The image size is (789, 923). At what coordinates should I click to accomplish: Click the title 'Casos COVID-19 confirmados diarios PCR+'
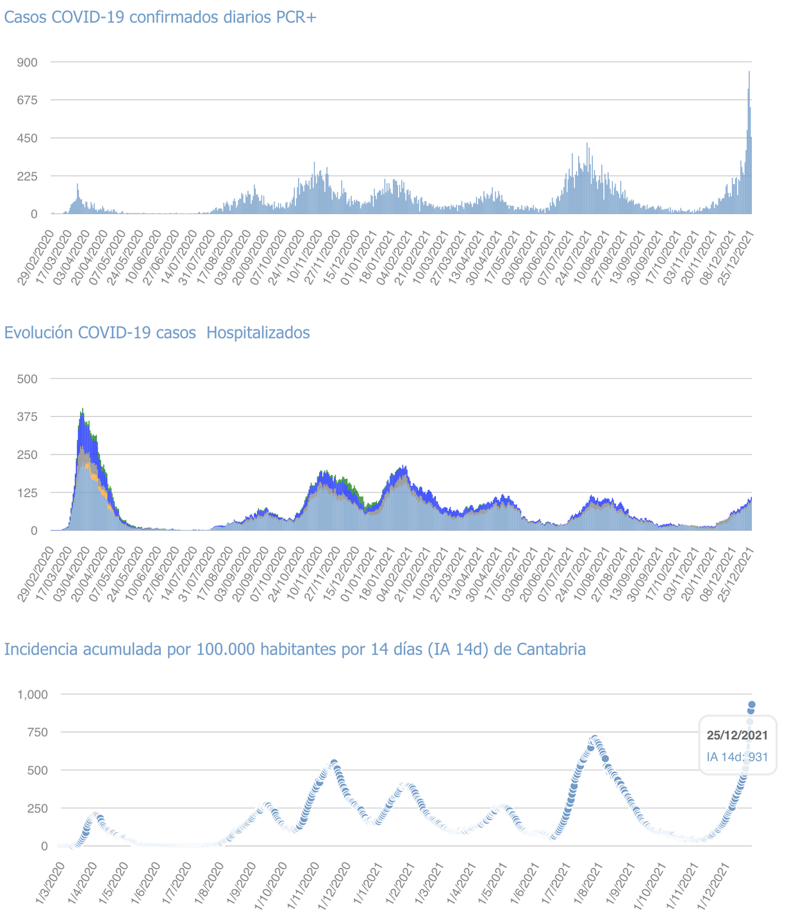pos(160,17)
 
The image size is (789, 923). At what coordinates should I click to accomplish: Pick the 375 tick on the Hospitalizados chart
pos(28,417)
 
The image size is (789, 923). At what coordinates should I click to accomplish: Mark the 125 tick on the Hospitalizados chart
pos(28,492)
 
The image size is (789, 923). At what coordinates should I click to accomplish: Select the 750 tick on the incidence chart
pos(36,732)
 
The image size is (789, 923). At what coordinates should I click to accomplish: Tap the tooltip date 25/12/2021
pos(737,735)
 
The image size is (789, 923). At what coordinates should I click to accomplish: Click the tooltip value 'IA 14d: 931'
pos(737,757)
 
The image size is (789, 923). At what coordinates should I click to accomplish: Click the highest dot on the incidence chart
pos(752,704)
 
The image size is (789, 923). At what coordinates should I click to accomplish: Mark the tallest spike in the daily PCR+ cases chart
pos(749,72)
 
